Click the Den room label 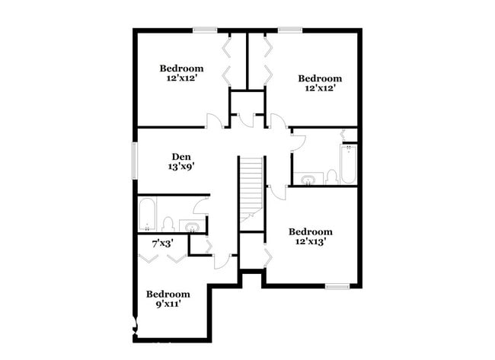181,157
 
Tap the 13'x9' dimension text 180,167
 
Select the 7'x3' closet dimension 162,244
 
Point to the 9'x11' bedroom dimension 168,304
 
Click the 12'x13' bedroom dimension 310,241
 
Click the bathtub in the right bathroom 349,164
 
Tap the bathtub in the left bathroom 147,214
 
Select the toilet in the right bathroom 331,177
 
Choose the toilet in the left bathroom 168,224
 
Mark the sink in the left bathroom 192,227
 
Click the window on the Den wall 135,161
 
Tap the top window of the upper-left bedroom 205,30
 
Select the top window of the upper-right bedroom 290,30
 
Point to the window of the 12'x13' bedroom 337,286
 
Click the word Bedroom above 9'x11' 168,295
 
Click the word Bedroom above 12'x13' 310,232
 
